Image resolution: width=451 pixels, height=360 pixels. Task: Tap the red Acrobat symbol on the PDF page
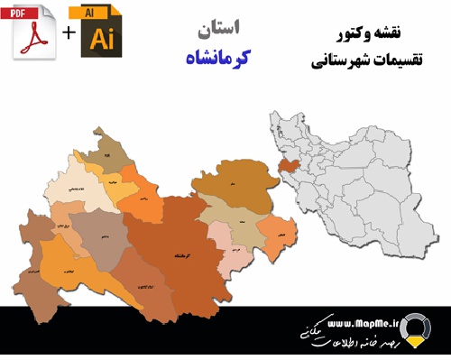click(34, 38)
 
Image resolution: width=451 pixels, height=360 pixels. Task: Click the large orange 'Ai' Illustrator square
click(103, 39)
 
